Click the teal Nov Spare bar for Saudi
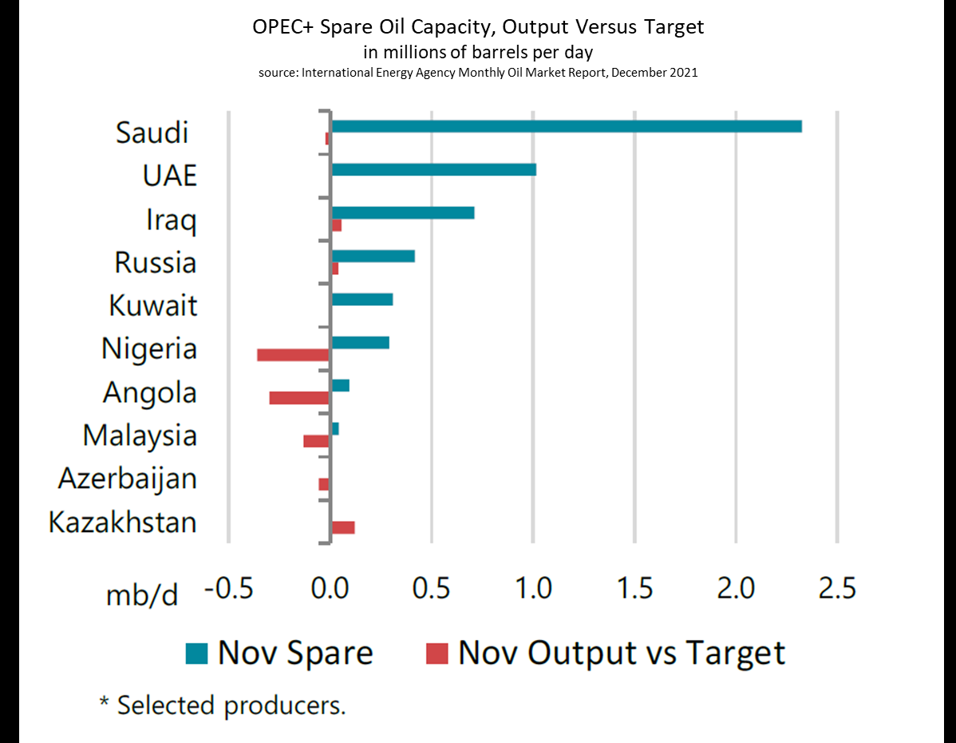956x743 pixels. [x=566, y=126]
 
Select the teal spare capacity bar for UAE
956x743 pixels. [x=433, y=169]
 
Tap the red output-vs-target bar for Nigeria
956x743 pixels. [x=293, y=355]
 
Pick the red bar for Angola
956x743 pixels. [x=299, y=398]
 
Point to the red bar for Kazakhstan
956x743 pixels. [x=343, y=527]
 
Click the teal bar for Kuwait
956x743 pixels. [x=362, y=300]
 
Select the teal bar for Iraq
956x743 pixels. [x=403, y=213]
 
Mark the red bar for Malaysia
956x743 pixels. [x=316, y=441]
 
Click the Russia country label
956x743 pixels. [x=156, y=263]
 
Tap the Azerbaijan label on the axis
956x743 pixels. [x=128, y=479]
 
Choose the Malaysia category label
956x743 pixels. [x=140, y=435]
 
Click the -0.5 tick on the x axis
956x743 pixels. [x=230, y=589]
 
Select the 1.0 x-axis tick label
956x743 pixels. [x=533, y=589]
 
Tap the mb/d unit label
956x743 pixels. [x=142, y=595]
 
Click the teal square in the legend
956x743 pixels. [x=196, y=654]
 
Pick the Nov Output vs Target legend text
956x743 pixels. [x=622, y=653]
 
